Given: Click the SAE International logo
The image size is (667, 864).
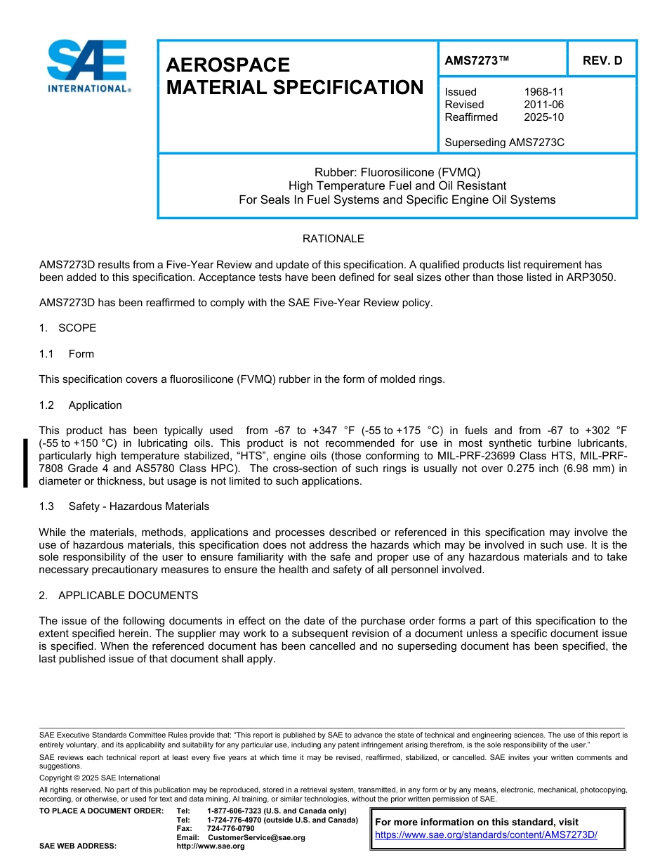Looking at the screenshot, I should click(x=88, y=66).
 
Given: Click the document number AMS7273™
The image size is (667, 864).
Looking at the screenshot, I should click(x=477, y=60).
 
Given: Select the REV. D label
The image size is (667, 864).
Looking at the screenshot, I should click(x=602, y=60).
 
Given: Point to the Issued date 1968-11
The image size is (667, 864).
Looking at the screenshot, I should click(x=543, y=92).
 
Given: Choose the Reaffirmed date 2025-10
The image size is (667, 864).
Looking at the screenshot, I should click(x=543, y=117).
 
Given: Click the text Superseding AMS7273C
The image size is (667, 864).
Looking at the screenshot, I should click(x=504, y=143).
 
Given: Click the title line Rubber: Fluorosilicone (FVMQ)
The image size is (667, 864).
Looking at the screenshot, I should click(x=397, y=172).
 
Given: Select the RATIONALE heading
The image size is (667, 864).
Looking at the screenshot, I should click(x=333, y=239).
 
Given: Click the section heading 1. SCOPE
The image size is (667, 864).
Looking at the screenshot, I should click(x=68, y=328).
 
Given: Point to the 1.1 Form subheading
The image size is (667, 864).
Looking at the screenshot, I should click(x=67, y=354).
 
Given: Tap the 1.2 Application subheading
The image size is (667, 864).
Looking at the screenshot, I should click(x=81, y=405).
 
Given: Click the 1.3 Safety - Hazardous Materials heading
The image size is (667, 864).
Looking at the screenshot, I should click(x=124, y=506).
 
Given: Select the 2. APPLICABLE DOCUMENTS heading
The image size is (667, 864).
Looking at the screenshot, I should click(x=119, y=596).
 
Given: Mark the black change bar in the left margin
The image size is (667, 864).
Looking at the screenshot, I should click(x=25, y=462).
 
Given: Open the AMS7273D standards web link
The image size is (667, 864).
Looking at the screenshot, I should click(x=486, y=834).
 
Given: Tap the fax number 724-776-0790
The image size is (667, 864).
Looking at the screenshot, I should click(x=231, y=829).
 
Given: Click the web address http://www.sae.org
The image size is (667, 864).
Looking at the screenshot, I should click(x=211, y=846).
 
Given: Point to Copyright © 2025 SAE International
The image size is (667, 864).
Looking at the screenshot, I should click(x=100, y=778).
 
